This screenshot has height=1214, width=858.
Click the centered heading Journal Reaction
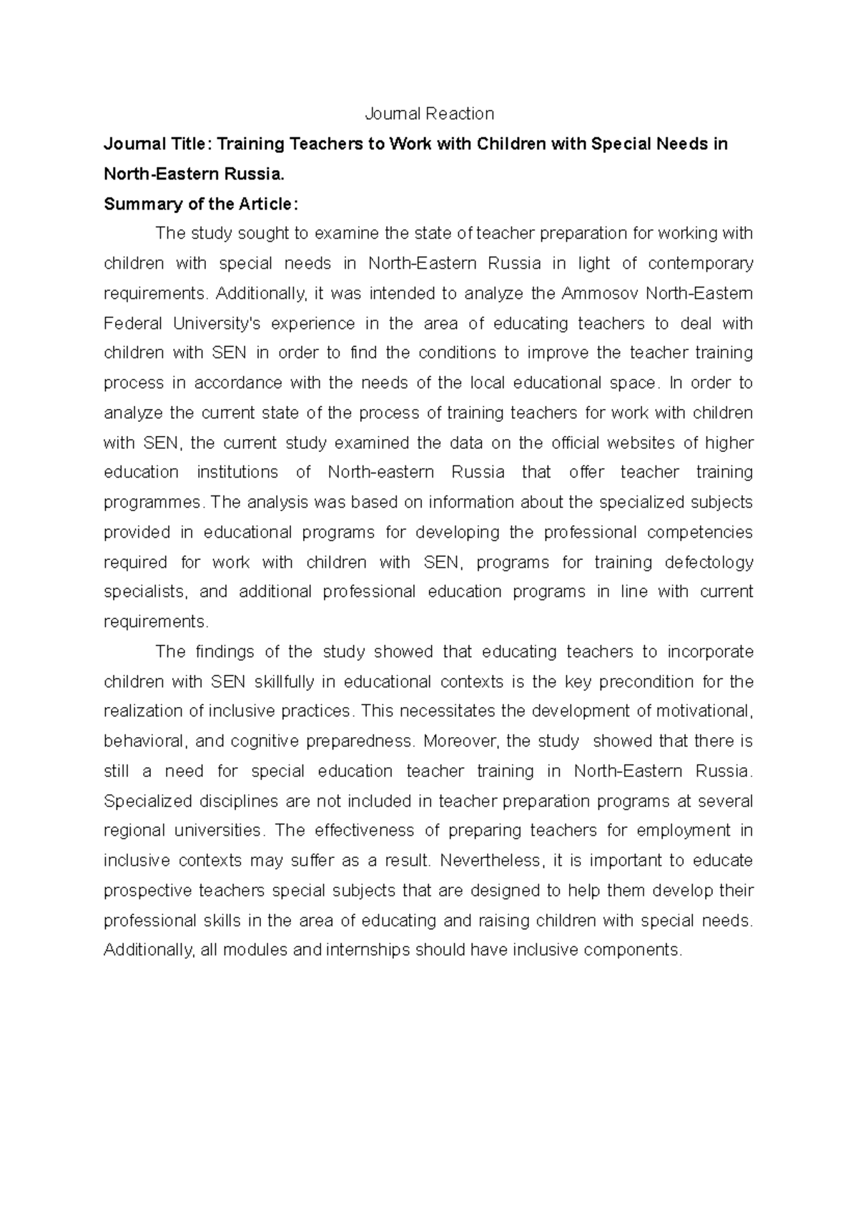[429, 114]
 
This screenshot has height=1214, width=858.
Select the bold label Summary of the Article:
[200, 204]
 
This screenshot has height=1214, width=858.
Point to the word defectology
[709, 563]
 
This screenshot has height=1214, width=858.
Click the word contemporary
[700, 263]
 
